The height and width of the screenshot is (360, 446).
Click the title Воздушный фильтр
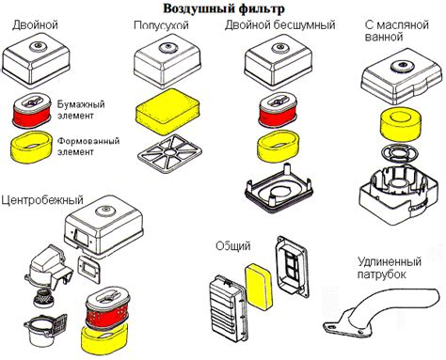222,8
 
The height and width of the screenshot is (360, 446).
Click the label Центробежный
43,200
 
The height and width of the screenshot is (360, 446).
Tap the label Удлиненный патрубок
393,266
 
